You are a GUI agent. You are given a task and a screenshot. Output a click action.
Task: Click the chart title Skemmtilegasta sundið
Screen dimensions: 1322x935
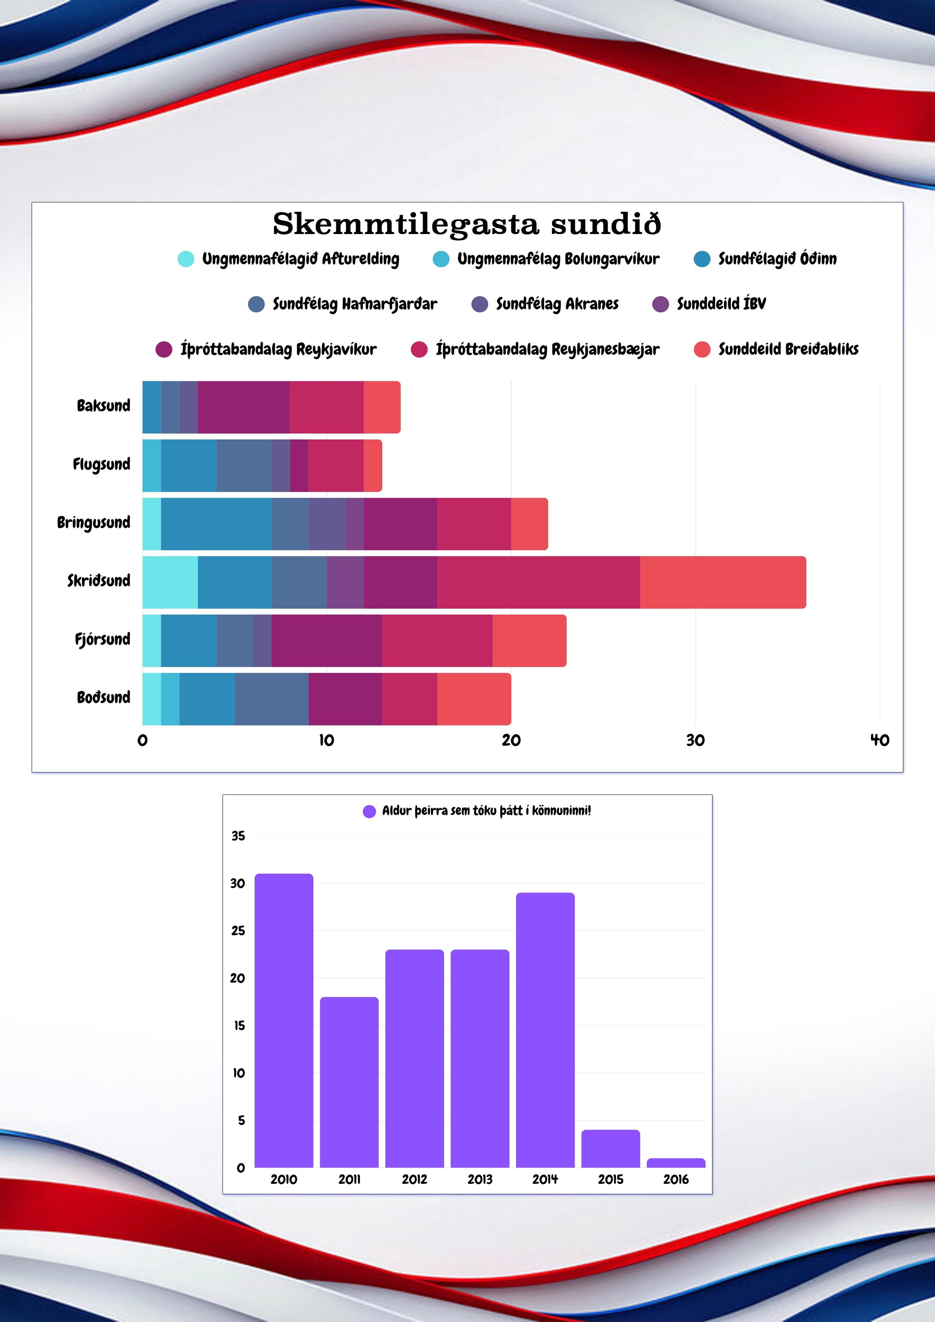coord(467,224)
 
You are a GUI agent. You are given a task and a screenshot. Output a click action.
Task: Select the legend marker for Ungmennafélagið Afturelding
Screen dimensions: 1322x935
coord(185,259)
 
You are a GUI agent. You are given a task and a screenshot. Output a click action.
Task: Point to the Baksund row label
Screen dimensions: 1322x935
coord(104,406)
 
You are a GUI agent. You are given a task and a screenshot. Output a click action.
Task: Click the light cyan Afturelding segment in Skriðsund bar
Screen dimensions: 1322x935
coord(170,582)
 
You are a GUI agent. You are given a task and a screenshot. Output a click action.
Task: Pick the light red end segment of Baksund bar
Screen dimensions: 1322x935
coord(382,407)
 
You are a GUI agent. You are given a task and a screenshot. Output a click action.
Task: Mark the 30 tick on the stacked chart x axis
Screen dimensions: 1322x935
coord(695,741)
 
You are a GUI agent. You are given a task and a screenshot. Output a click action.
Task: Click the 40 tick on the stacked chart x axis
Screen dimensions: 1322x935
coord(879,741)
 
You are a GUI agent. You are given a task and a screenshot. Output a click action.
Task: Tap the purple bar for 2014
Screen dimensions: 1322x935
coord(545,1031)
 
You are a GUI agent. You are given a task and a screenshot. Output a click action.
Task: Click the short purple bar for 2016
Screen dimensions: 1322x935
coord(676,1163)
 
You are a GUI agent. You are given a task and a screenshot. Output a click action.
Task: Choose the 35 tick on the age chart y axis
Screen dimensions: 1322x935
coord(238,836)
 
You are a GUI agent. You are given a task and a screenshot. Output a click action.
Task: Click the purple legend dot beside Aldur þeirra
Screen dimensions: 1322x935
coord(369,811)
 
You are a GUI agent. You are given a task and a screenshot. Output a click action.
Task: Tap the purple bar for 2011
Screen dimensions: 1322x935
coord(349,1082)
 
